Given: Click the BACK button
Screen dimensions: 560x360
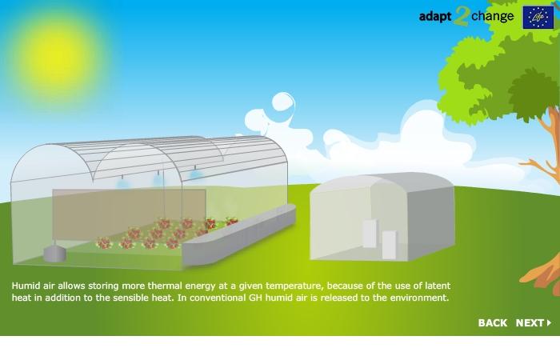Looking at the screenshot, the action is (493, 323).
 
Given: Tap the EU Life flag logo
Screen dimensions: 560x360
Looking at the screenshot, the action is (538, 17).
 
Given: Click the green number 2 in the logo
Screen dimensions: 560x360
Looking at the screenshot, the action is (461, 17).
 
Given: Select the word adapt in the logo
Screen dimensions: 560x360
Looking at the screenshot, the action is (435, 17).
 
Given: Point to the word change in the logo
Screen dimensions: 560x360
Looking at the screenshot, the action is (493, 16).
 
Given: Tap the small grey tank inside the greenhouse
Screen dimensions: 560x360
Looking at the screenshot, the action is (54, 252).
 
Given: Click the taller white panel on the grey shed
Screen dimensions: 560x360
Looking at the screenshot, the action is (370, 234).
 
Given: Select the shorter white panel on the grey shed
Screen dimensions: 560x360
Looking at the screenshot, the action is (389, 245).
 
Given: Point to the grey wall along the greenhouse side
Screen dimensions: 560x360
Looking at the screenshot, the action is (239, 235).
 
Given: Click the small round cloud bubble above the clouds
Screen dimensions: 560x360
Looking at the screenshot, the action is (283, 102).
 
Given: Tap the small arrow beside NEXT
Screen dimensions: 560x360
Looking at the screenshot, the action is (550, 323).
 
